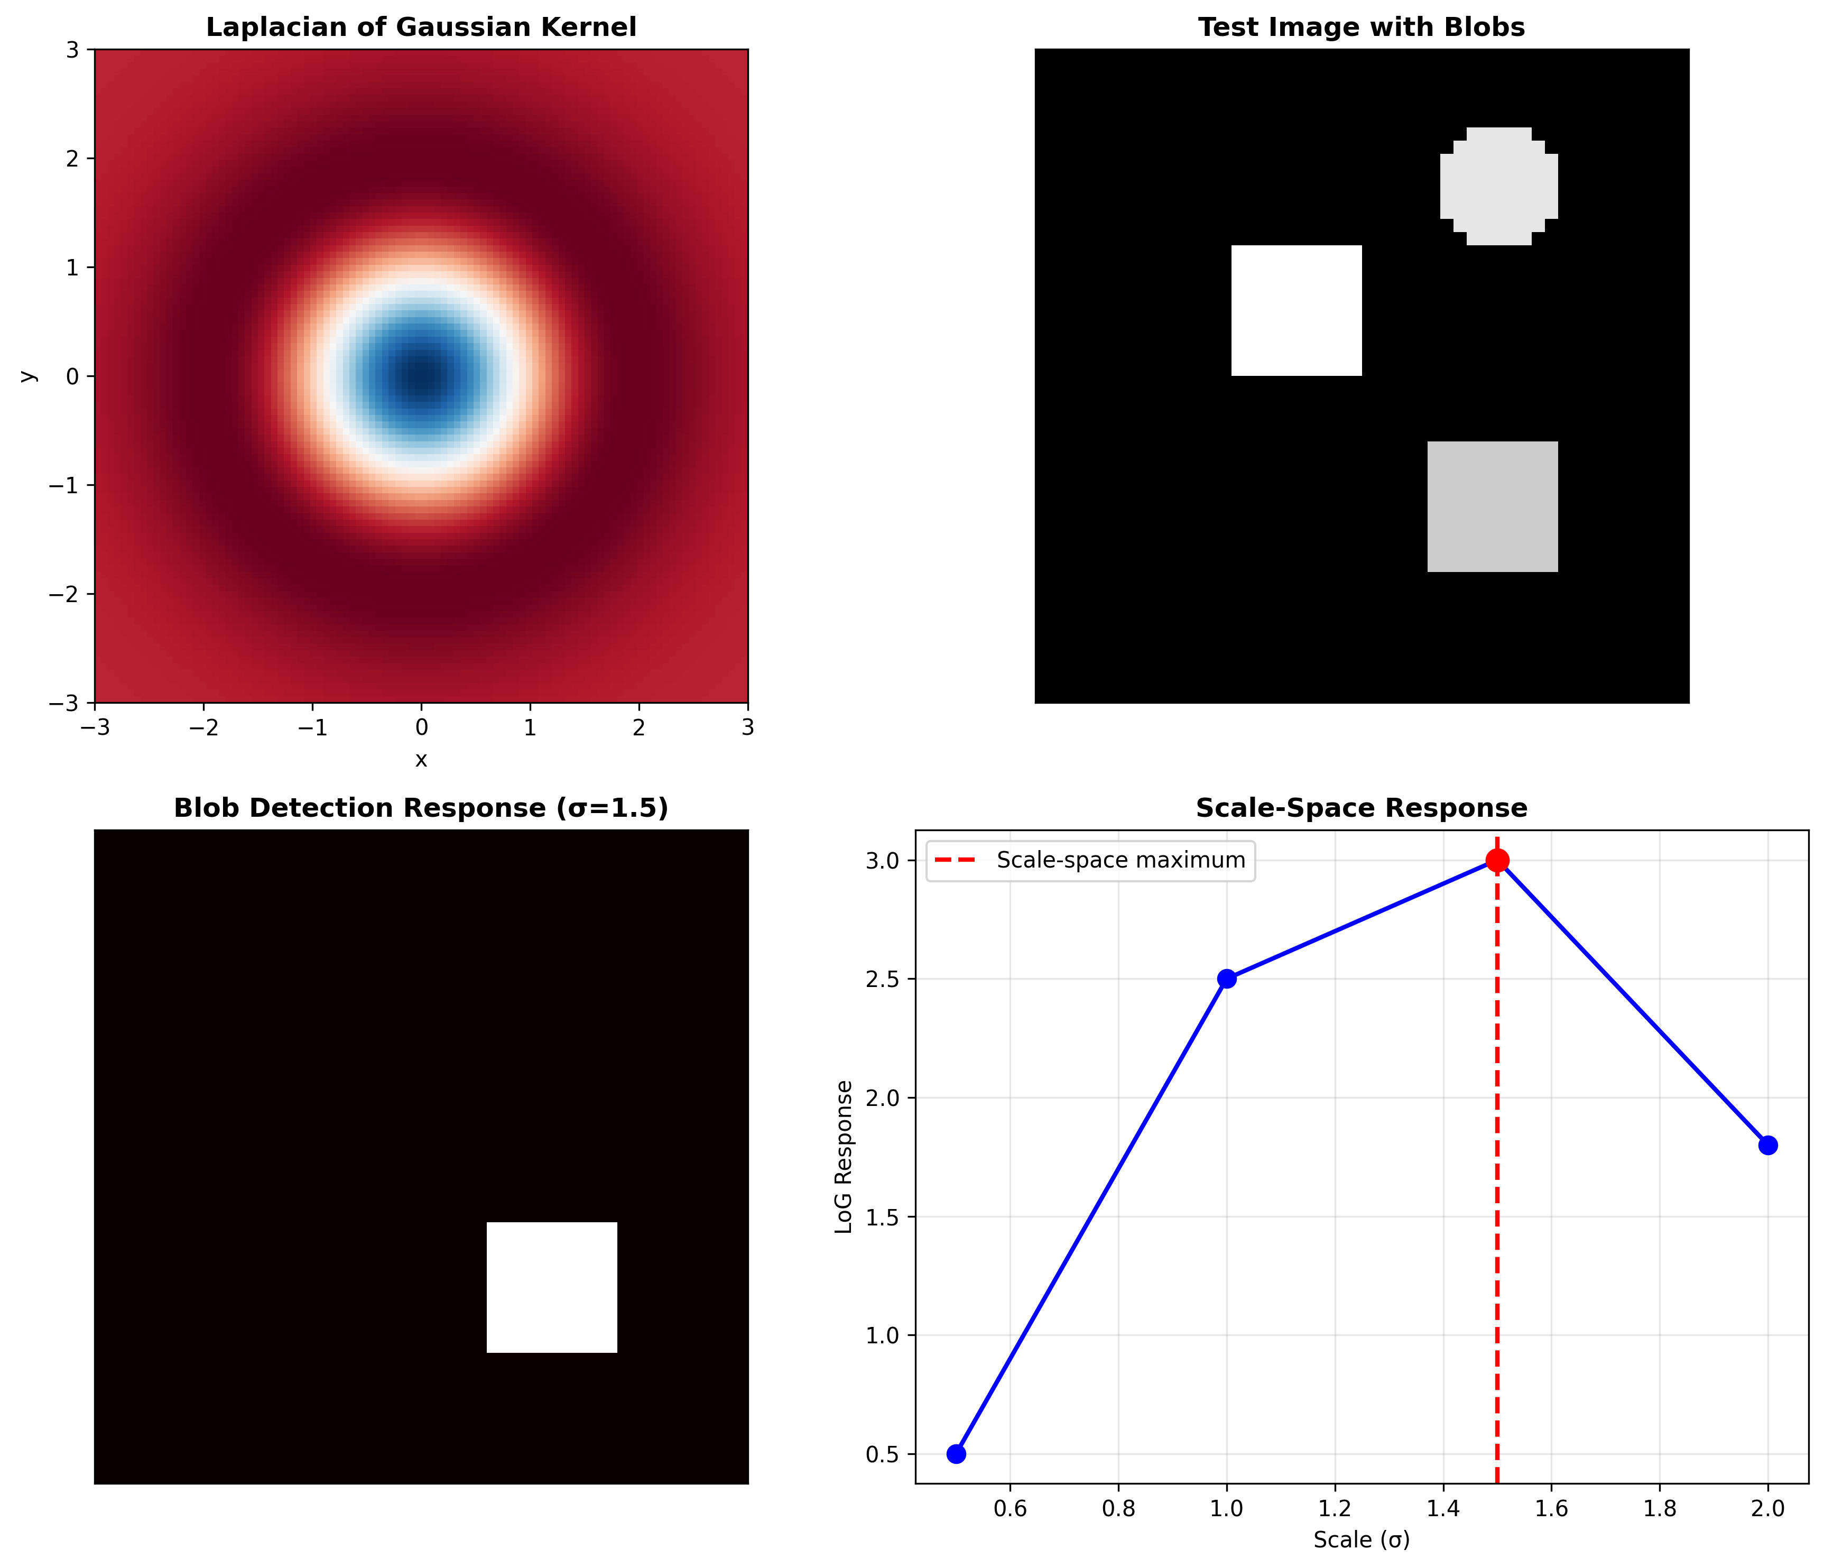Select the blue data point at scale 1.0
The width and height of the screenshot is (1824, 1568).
[x=1226, y=979]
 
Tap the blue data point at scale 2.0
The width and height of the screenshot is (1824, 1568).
[x=1767, y=1146]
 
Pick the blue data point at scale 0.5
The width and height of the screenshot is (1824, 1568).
[x=956, y=1454]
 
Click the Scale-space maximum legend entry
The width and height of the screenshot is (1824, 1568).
[x=1120, y=860]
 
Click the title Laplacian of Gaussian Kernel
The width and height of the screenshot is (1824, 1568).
[x=421, y=27]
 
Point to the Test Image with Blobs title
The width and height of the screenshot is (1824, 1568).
[x=1361, y=27]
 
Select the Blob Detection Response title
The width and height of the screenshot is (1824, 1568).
[x=421, y=808]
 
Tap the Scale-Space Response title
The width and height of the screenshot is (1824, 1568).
[x=1361, y=808]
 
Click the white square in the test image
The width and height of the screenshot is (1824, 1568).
[x=1296, y=311]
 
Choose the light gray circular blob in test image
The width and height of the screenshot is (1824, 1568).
[x=1498, y=186]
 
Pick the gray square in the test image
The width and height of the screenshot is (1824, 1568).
[x=1492, y=506]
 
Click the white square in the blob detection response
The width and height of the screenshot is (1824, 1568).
[x=552, y=1287]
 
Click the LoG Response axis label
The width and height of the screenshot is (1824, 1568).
[x=844, y=1157]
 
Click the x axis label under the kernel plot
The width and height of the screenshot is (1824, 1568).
[x=421, y=760]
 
